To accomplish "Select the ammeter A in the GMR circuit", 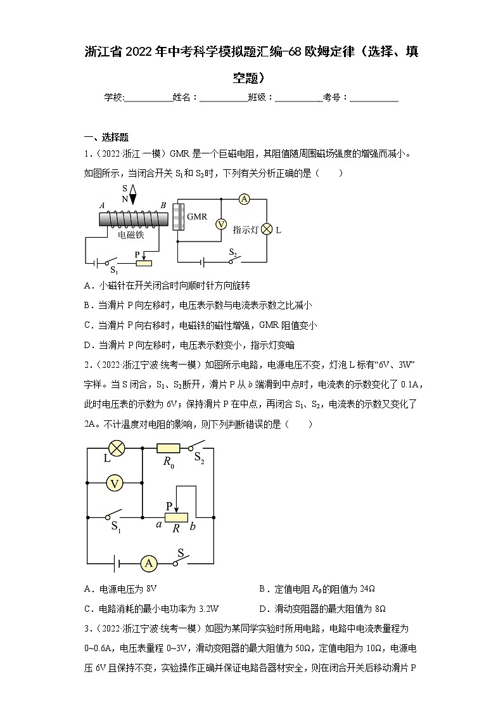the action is [x=243, y=198].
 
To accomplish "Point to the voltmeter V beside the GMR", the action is [x=221, y=224].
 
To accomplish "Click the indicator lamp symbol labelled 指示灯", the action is [x=267, y=229].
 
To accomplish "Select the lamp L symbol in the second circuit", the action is [x=117, y=448].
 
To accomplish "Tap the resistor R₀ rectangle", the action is [x=169, y=448].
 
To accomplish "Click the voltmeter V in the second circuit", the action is [x=115, y=483].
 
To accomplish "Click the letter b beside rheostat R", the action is [x=193, y=525].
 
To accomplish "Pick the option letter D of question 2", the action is [x=262, y=608].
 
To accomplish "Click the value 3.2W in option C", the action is [x=207, y=608].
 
